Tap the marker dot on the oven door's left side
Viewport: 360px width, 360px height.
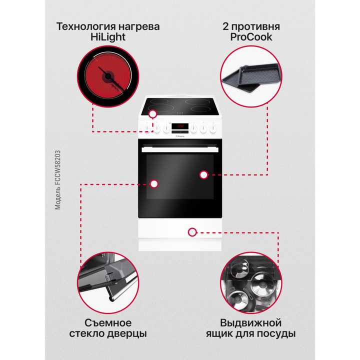tap(154, 183)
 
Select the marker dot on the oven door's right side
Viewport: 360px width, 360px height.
tap(203, 174)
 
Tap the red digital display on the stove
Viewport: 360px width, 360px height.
tap(180, 126)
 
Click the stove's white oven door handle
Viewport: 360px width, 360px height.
tap(179, 148)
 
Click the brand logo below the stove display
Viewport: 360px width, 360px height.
tap(180, 133)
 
